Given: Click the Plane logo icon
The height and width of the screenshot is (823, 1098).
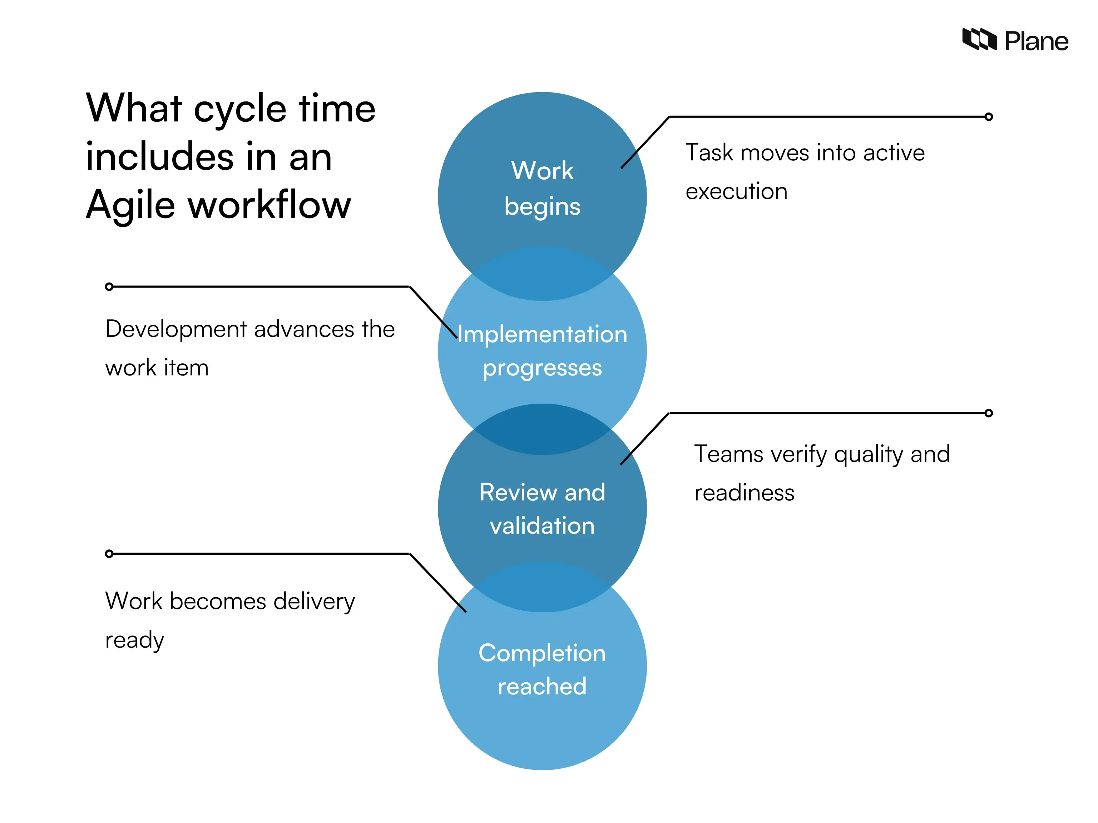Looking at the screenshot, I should [x=979, y=40].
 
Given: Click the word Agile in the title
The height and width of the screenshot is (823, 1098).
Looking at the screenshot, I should [x=130, y=205].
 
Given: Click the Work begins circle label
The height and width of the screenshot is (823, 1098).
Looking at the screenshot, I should [x=542, y=189].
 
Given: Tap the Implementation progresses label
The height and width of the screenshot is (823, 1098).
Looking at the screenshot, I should [x=542, y=351].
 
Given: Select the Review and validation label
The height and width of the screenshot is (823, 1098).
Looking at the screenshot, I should [x=542, y=509].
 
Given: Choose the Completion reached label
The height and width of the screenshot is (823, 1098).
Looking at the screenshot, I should [x=542, y=669].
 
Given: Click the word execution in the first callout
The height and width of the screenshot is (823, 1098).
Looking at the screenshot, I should [x=736, y=191].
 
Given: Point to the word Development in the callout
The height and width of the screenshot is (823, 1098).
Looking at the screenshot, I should [x=176, y=329].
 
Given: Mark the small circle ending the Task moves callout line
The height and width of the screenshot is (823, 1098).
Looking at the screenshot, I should [x=988, y=116].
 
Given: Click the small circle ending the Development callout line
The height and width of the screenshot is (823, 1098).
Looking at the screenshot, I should [x=109, y=286].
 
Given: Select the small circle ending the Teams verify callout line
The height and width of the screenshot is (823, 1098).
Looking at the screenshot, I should [x=988, y=413].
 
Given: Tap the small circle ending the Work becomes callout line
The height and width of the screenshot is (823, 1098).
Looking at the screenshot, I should [x=109, y=554].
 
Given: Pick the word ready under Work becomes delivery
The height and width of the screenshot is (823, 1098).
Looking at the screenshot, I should [x=134, y=640].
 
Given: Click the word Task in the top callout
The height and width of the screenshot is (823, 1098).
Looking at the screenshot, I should [x=709, y=153].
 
